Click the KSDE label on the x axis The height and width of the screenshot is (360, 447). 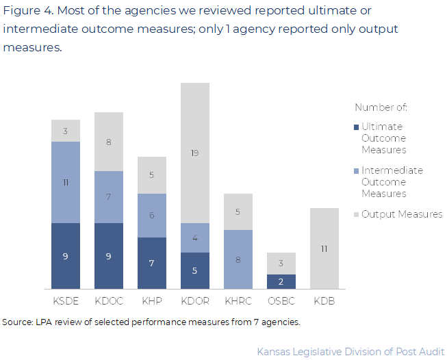pos(66,300)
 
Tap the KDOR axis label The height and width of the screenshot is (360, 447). pos(195,300)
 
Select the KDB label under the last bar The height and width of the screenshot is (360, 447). pos(324,300)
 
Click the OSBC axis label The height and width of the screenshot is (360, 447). pos(281,300)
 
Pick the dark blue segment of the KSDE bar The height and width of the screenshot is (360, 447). pos(66,255)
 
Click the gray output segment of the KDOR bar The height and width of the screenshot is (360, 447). pos(195,153)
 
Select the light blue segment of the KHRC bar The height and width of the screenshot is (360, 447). pos(238,259)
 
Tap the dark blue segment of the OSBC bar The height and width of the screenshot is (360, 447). pos(281,281)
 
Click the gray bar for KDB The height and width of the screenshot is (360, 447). pos(324,248)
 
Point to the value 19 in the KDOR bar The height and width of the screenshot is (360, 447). pos(195,153)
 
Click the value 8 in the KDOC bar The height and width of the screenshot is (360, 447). pos(109,142)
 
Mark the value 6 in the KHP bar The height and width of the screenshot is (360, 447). pos(152,215)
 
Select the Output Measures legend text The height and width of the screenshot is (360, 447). pos(402,214)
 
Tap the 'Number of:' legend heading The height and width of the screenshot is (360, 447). pos(381,107)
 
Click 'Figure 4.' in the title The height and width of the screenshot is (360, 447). pos(27,11)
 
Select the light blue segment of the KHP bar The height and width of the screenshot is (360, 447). pos(152,215)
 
